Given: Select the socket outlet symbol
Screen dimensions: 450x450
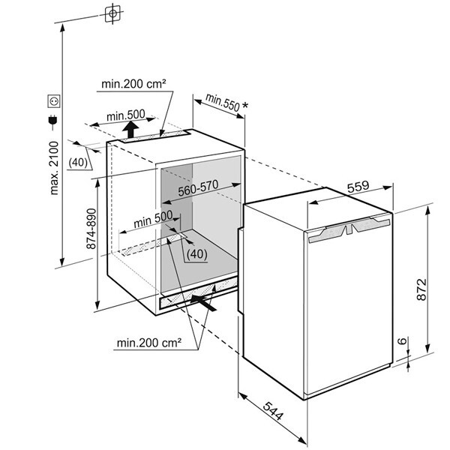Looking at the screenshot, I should pos(53,99).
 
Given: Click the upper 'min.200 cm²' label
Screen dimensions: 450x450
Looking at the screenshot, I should pos(133,84).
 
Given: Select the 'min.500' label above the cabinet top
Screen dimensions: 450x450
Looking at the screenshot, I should pos(125,115).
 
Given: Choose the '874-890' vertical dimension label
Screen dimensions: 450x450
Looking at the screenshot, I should pos(91,229).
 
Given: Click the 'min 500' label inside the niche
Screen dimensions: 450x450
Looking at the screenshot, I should pos(152,222).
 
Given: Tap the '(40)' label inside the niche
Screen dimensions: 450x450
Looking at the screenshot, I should pos(196,253).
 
